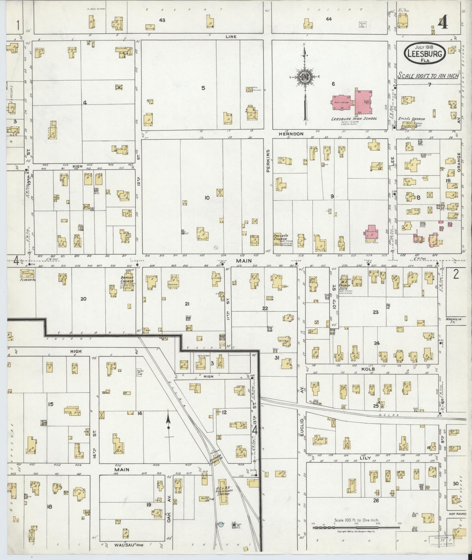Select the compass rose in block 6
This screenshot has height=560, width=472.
(x=304, y=77)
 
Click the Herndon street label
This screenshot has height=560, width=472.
(x=291, y=134)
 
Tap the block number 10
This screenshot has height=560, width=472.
(x=207, y=198)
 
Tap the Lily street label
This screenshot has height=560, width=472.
(x=365, y=458)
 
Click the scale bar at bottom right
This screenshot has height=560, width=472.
(x=356, y=527)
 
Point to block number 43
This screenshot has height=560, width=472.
(x=162, y=20)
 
